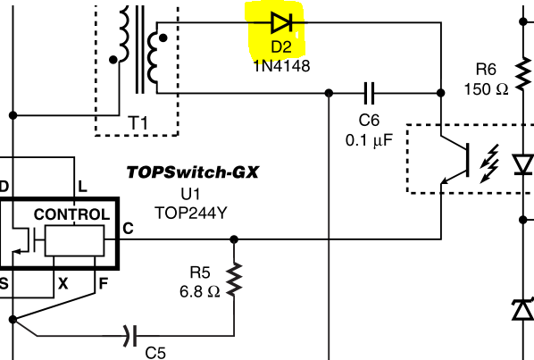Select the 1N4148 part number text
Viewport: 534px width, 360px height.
281,65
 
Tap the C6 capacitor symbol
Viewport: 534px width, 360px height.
368,92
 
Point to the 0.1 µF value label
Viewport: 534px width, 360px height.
369,140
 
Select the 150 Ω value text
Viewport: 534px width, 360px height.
486,88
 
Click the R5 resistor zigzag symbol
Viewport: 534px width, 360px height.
234,280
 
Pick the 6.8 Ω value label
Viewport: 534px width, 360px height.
198,290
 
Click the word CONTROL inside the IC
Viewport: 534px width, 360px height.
71,215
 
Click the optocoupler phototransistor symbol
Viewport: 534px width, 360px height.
455,159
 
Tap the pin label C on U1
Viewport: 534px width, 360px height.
128,229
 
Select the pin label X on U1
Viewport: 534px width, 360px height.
63,281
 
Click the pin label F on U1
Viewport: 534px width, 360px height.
102,281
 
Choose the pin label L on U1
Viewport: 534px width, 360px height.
82,187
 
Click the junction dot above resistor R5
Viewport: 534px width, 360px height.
234,239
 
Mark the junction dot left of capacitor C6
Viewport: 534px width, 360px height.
330,92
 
